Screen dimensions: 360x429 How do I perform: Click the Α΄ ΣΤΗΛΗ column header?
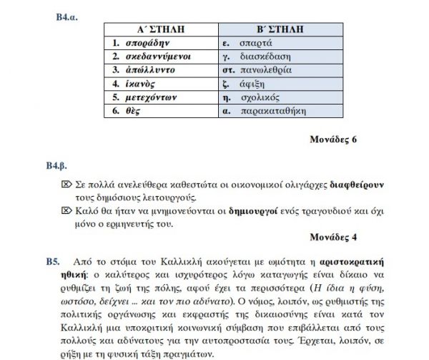[161, 29]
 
